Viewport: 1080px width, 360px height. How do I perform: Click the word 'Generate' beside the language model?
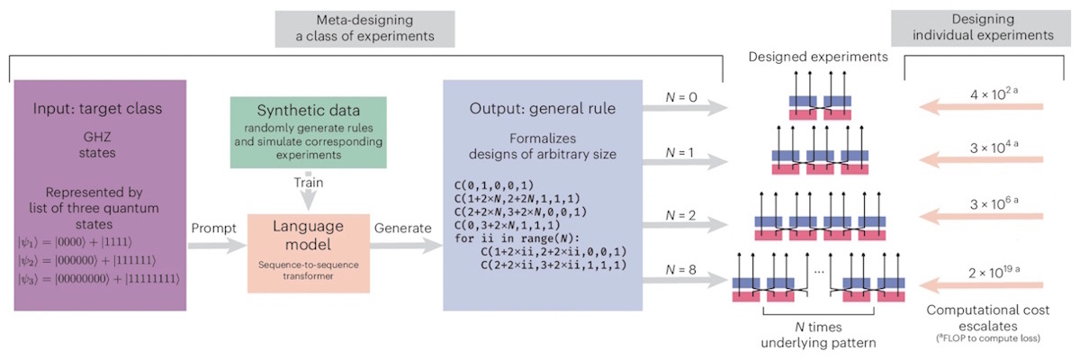(x=402, y=229)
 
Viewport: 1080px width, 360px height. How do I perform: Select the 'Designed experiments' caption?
(x=816, y=58)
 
